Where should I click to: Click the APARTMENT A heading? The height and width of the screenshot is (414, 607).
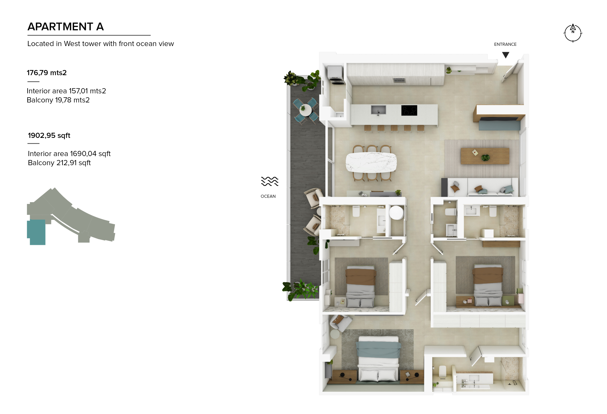[66, 27]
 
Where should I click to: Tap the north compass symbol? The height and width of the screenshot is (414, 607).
[573, 33]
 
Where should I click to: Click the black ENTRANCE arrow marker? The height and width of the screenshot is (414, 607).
[505, 55]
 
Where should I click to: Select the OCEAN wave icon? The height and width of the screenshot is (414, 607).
[270, 181]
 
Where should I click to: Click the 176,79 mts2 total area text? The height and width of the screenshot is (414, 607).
[46, 73]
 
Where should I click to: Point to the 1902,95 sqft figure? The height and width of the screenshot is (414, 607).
[49, 135]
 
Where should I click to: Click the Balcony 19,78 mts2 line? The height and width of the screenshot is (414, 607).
[58, 100]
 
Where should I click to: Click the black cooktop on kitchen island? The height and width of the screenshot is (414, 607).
[409, 110]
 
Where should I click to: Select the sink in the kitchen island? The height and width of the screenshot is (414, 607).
[378, 110]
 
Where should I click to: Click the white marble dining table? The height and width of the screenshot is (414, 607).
[371, 162]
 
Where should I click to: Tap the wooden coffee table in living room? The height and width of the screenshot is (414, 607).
[485, 156]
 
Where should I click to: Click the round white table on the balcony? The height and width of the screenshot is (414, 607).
[305, 110]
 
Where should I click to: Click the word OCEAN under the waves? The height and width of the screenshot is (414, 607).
[268, 196]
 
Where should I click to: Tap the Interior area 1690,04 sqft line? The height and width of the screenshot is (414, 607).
[69, 154]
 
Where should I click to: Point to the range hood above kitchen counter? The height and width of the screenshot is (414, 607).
[399, 80]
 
